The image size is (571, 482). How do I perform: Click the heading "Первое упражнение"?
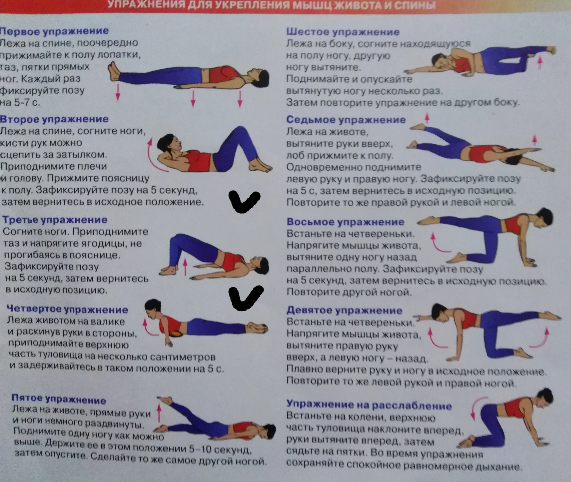[54, 31]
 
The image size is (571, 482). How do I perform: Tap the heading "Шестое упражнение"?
[343, 32]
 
